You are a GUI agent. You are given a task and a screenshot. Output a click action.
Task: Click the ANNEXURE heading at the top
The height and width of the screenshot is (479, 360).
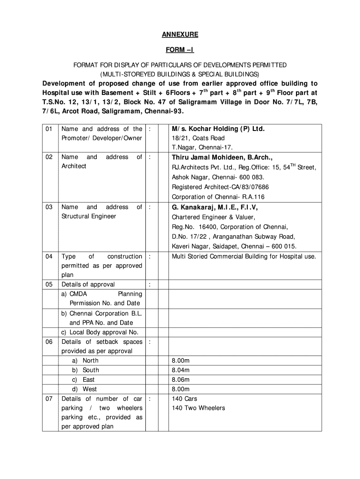[x=180, y=35]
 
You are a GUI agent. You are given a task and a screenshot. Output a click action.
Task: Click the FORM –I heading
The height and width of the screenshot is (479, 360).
[x=180, y=50]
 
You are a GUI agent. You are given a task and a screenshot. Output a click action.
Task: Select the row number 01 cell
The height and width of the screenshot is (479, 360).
[x=49, y=129]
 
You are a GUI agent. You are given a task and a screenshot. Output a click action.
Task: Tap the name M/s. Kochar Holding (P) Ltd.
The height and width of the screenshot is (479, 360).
[x=218, y=129]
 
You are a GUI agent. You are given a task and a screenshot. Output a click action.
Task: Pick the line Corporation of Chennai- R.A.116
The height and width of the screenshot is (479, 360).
[x=218, y=197]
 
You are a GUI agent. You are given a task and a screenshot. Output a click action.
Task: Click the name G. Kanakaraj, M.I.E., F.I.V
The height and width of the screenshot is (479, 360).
[x=215, y=207]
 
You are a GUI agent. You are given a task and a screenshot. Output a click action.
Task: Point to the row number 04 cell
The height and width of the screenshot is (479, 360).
[x=49, y=257]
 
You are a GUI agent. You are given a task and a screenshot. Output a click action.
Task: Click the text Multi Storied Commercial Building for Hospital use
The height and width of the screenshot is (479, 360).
[x=244, y=257]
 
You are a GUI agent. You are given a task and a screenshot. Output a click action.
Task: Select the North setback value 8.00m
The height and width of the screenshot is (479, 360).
[x=180, y=361]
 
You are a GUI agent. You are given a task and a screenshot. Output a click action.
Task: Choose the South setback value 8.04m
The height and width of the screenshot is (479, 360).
[x=180, y=370]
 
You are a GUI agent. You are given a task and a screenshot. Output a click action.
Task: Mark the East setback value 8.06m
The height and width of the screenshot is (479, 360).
[x=180, y=380]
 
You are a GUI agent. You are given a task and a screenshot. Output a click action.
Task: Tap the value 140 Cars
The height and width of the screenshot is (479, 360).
[x=185, y=399]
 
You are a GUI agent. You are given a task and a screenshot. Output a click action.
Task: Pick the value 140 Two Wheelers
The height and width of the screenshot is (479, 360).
[x=198, y=408]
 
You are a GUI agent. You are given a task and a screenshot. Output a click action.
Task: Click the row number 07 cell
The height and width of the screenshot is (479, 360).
[x=49, y=399]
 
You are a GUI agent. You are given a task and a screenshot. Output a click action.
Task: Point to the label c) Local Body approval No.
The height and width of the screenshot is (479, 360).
[x=100, y=332]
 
